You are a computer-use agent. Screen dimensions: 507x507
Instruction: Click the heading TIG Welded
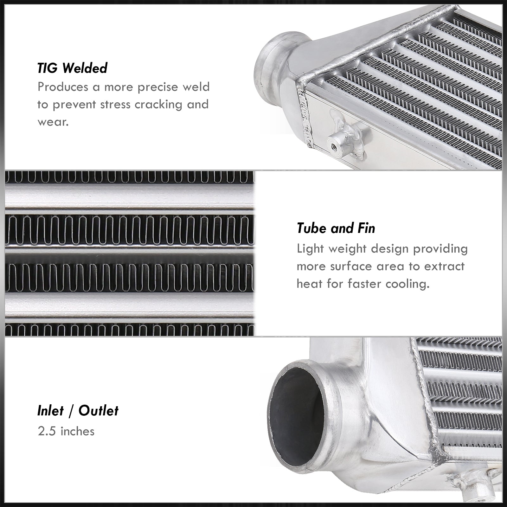click(x=72, y=68)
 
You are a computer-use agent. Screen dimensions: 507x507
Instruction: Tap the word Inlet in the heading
click(x=50, y=411)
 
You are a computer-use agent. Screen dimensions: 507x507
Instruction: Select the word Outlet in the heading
click(x=98, y=411)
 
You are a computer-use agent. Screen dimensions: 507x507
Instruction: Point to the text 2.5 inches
click(x=66, y=431)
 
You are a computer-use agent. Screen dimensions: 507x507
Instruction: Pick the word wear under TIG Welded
click(x=53, y=122)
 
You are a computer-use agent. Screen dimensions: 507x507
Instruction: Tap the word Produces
click(x=63, y=87)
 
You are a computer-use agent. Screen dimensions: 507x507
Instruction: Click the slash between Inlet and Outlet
click(x=71, y=411)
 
